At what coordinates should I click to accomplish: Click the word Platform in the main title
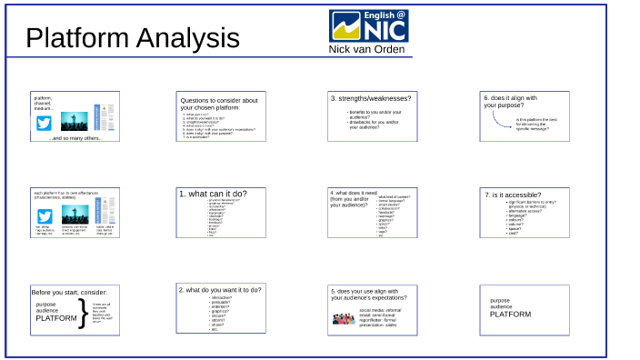point(77,38)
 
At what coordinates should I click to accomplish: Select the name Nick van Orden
point(369,49)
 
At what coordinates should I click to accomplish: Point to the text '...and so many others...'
point(75,138)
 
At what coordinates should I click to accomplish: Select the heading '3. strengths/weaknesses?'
point(370,98)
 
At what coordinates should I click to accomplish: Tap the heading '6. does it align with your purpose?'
point(511,101)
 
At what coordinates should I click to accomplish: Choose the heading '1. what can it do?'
point(212,194)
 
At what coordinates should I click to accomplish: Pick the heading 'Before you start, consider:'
point(69,292)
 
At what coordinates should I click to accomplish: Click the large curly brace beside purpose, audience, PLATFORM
point(84,312)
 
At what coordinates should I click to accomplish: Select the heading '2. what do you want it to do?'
point(220,289)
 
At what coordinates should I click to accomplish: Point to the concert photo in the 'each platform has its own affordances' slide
point(75,215)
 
